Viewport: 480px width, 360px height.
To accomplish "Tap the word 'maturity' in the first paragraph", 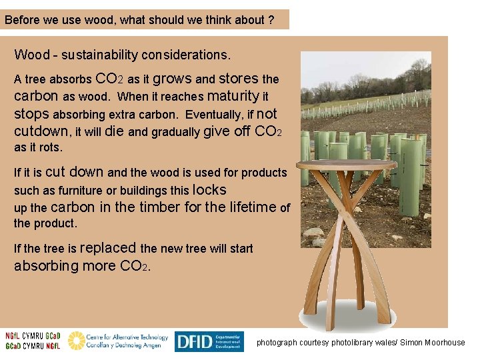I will tap(233, 96).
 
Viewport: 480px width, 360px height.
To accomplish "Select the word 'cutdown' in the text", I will tap(41, 131).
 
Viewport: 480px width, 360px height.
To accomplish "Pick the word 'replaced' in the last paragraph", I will tap(108, 248).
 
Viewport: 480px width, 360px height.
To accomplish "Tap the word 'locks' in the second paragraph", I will tap(209, 189).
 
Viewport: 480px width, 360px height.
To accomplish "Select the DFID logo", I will tap(209, 341).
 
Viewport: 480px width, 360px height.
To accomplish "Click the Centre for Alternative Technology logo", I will tap(118, 341).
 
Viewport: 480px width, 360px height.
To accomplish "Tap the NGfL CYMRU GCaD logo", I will tap(32, 341).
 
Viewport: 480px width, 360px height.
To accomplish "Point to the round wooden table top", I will tap(346, 165).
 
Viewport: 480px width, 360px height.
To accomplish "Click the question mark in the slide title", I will tap(271, 20).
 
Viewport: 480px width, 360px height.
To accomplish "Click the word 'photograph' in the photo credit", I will tap(277, 343).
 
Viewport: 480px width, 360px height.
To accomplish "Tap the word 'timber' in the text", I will tap(159, 207).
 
